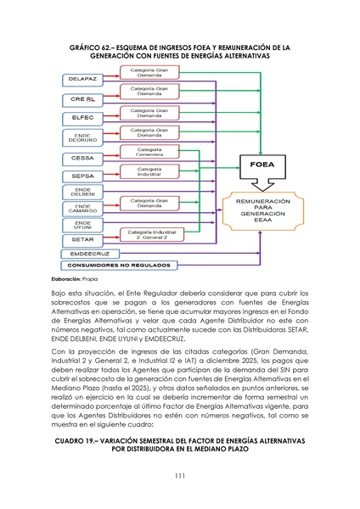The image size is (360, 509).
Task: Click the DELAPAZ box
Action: [x=82, y=79]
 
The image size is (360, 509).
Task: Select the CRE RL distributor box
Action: [x=82, y=98]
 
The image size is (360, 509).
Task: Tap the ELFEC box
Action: [x=82, y=117]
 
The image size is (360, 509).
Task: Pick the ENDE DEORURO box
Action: [x=82, y=137]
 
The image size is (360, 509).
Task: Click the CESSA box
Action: [x=82, y=158]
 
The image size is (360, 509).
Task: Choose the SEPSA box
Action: [x=82, y=176]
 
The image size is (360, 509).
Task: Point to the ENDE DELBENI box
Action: [x=82, y=193]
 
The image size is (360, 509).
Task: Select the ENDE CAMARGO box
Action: [x=82, y=208]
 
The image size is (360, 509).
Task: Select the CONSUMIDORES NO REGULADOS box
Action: [x=119, y=266]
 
